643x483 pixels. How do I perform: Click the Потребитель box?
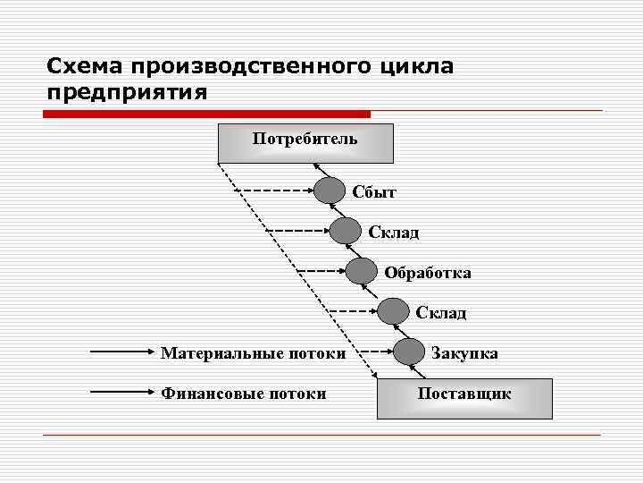click(305, 143)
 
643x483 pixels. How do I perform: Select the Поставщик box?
click(464, 398)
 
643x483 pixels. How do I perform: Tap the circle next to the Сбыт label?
click(330, 191)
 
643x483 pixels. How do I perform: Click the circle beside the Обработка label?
click(362, 271)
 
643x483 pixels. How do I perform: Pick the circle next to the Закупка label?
click(409, 352)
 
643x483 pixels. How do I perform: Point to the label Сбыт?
click(374, 192)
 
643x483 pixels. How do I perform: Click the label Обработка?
click(428, 273)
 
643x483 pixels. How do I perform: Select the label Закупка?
click(464, 353)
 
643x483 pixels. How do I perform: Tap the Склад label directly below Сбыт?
click(394, 233)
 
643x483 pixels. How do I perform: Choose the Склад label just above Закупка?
click(440, 313)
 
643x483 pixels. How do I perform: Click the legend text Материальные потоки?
click(253, 353)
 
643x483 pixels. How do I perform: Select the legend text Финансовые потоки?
click(243, 394)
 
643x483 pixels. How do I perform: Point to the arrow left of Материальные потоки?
click(123, 352)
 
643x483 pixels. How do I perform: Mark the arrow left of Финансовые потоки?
click(123, 392)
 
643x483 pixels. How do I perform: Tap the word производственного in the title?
click(251, 67)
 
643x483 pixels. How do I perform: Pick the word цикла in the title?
click(415, 67)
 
